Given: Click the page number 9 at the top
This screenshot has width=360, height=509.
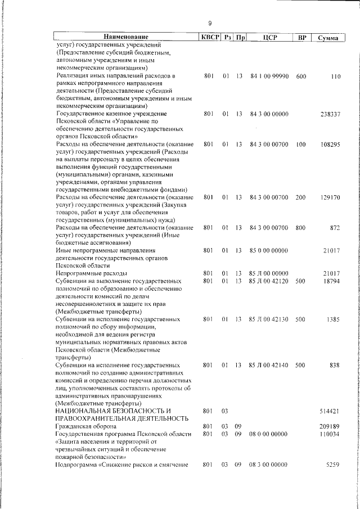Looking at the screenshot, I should (x=209, y=23).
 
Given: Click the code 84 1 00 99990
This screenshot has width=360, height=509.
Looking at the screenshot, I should (x=269, y=75).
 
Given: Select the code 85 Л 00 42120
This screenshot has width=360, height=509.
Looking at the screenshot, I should (x=269, y=280).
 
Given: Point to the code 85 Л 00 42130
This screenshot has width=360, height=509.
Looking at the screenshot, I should (x=269, y=318).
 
